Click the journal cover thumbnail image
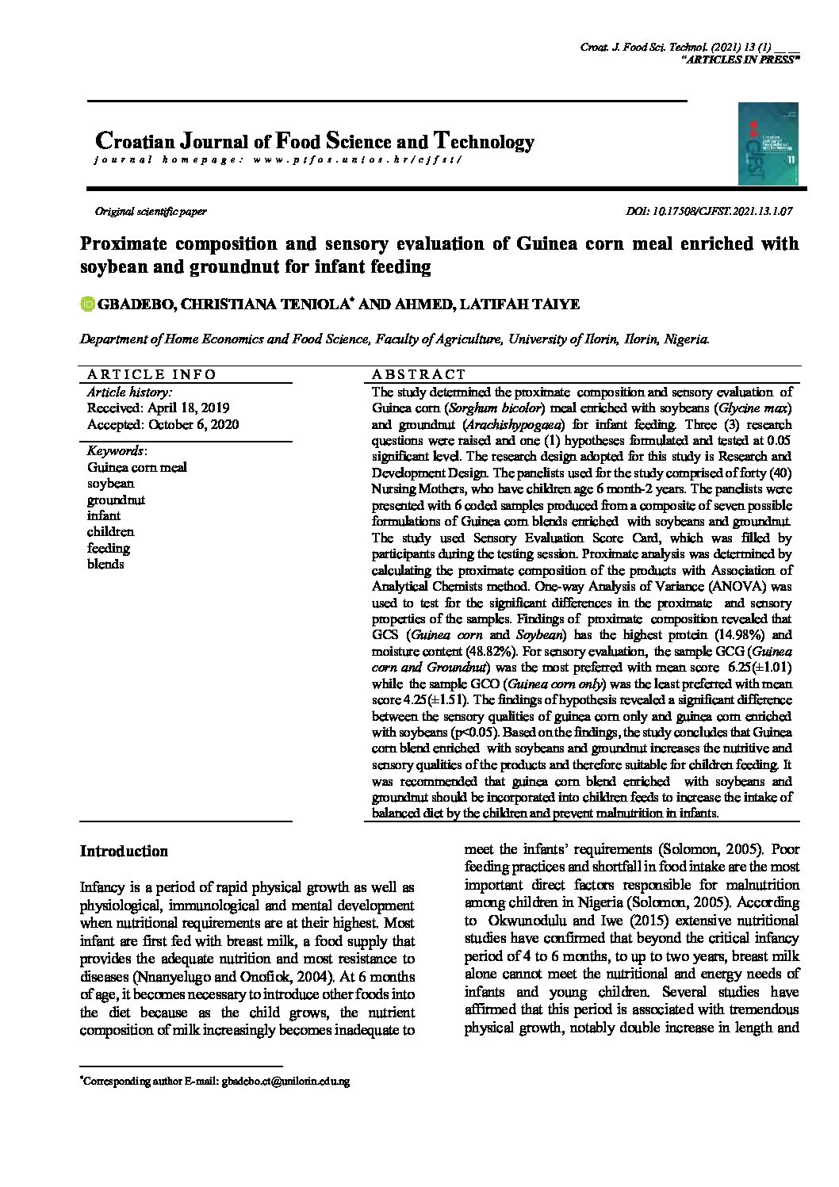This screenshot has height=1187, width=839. tap(768, 144)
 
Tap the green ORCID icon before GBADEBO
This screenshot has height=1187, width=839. tap(87, 304)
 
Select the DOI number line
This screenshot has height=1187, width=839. tap(709, 212)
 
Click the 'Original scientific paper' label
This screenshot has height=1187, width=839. tap(151, 212)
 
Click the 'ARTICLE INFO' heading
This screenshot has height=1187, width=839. tap(151, 374)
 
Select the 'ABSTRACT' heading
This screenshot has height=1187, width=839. tap(419, 374)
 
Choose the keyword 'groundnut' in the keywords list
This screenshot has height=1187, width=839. tap(116, 500)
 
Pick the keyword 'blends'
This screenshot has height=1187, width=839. tap(105, 564)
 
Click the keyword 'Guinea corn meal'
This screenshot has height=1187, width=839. tap(136, 467)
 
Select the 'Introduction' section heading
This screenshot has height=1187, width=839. tap(124, 852)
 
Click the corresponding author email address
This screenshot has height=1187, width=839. tap(285, 1081)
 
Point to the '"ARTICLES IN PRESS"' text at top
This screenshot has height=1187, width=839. tap(741, 61)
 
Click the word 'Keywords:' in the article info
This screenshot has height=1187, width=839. tap(116, 450)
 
